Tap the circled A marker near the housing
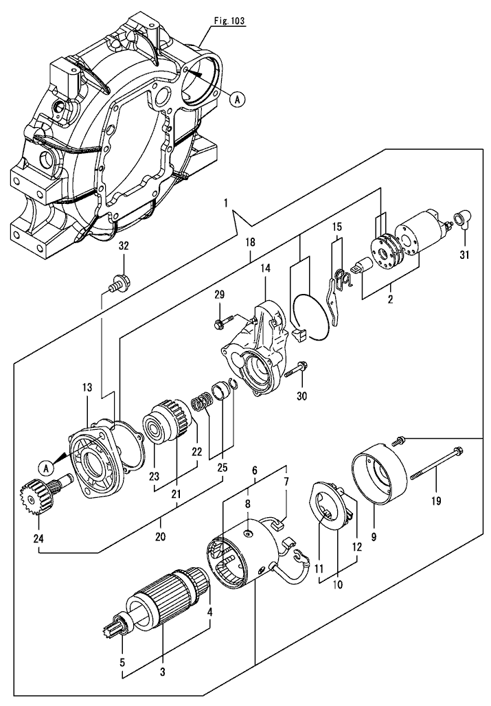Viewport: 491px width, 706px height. (x=236, y=100)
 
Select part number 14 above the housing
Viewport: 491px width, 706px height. (x=265, y=271)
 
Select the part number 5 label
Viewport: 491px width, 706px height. (x=122, y=663)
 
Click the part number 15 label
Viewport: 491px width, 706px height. (x=337, y=227)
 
